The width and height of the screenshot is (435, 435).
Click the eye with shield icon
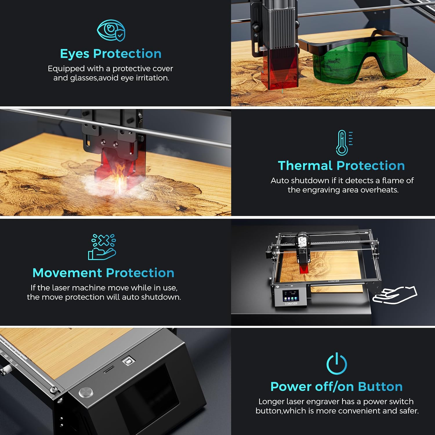(111, 30)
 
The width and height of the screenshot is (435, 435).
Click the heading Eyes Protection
(111, 54)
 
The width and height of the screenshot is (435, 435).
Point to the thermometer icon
(344, 143)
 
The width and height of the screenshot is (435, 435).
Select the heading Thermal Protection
(341, 166)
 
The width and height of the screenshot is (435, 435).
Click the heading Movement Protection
(104, 273)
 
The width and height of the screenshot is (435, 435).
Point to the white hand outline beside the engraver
(395, 295)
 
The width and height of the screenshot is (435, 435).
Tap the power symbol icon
(337, 363)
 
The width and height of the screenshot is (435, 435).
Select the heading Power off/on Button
(336, 387)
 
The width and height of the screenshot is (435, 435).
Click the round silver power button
(86, 392)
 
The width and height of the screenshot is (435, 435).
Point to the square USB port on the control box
(128, 361)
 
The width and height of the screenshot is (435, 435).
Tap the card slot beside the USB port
(109, 369)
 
